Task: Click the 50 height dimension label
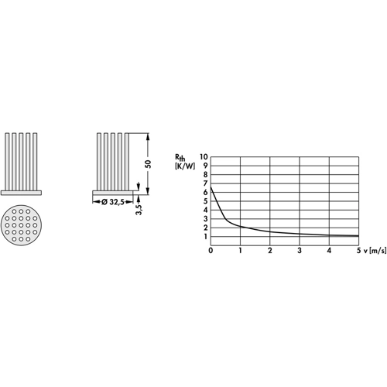(148, 164)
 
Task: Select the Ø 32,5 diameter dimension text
(112, 202)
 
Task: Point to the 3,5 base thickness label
(139, 210)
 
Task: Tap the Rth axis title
(180, 157)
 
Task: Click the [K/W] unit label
(185, 166)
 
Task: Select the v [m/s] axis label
(375, 251)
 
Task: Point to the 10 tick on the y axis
(204, 156)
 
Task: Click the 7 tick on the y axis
(205, 183)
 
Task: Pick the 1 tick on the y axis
(206, 237)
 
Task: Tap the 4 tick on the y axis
(205, 210)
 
